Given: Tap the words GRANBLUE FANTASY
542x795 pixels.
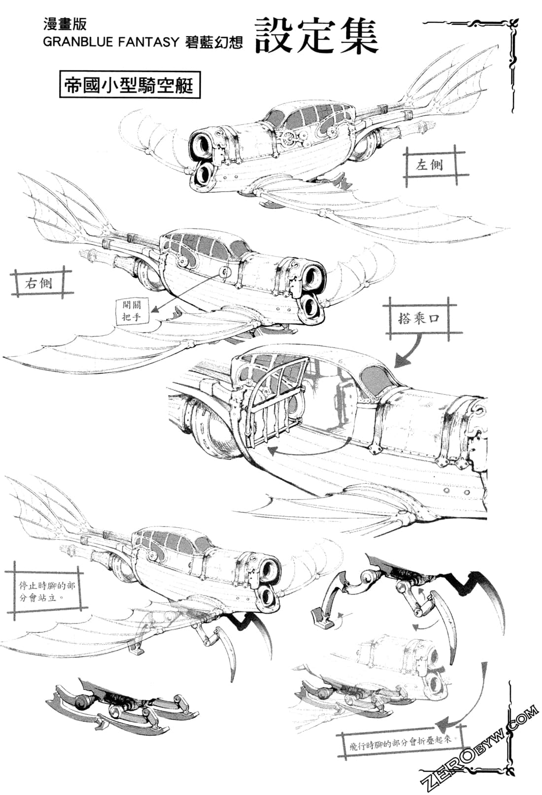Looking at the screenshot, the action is [x=111, y=42].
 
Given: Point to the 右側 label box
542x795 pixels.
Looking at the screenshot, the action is [x=38, y=283].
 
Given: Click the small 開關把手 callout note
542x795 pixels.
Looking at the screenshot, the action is [x=132, y=311].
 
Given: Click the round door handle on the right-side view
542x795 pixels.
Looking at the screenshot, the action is [x=224, y=272].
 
